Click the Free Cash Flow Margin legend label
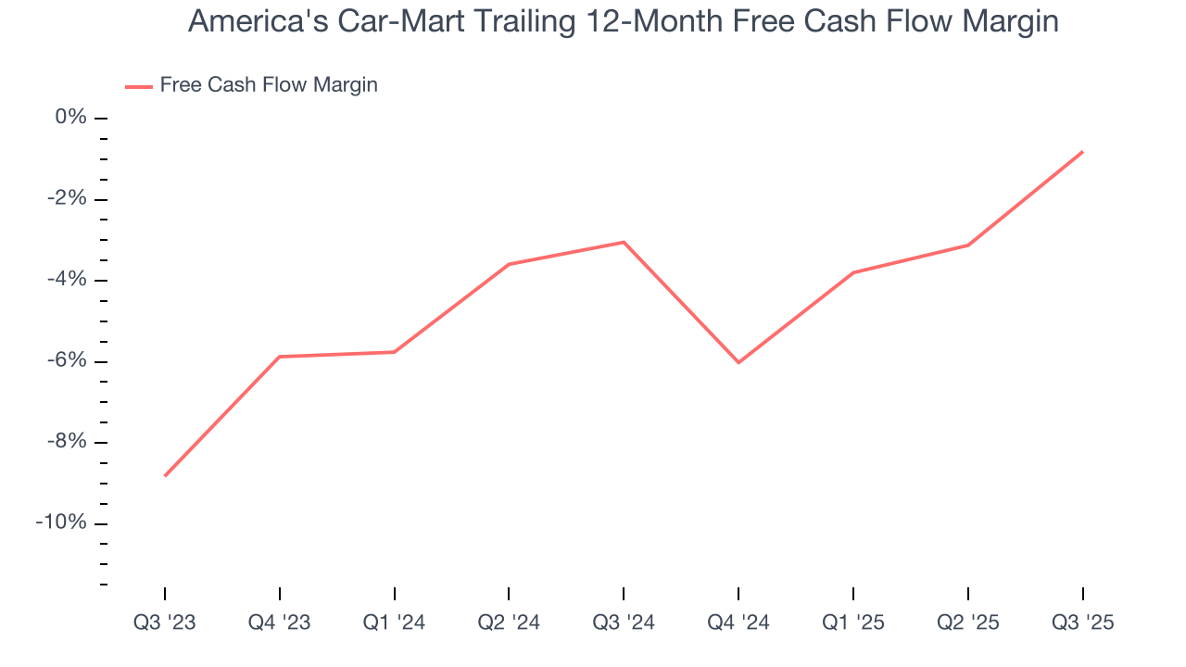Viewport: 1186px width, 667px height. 269,85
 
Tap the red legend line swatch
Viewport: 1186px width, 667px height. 139,87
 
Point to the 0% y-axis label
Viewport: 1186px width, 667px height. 70,118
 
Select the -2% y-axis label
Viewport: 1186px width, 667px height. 67,199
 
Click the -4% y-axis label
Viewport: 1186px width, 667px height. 67,280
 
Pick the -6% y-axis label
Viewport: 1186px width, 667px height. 67,361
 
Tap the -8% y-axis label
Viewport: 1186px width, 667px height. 67,442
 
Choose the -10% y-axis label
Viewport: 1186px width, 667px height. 62,523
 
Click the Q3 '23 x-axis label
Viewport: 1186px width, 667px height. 165,623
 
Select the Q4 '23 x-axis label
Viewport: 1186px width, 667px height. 280,623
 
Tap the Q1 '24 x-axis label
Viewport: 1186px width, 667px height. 395,623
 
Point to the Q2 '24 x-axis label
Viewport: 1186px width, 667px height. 509,623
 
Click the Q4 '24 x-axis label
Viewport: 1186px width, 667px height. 738,623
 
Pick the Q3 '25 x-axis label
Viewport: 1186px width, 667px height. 1082,623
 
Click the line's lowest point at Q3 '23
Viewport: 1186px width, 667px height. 165,475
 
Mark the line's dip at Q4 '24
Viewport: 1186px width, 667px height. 738,362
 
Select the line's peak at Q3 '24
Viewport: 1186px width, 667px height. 624,242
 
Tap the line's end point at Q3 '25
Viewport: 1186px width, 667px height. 1082,152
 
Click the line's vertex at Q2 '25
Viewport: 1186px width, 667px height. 968,245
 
